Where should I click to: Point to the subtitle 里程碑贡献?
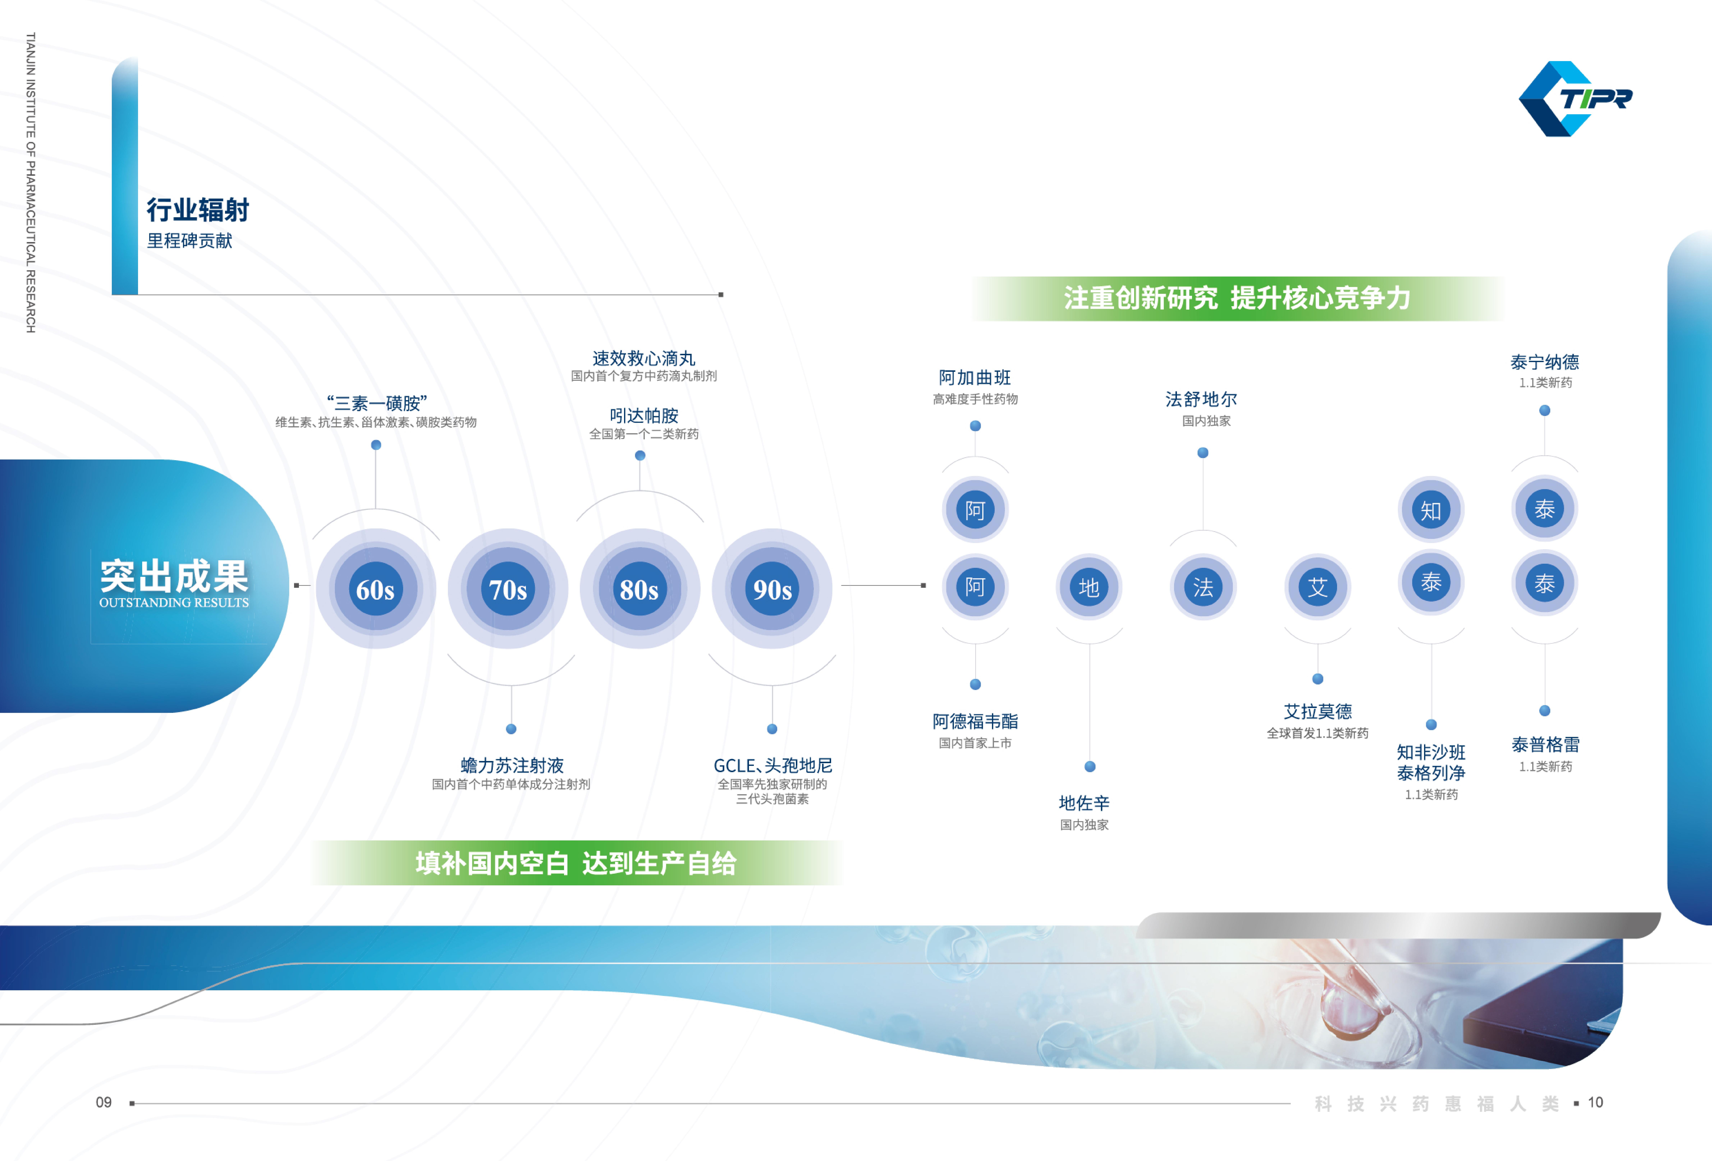189,241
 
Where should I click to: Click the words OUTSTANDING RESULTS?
174,603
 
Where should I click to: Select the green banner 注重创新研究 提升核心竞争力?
1237,298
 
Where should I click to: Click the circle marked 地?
1089,587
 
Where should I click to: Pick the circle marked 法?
1203,587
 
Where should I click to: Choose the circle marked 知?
1431,510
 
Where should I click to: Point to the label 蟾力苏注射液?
511,765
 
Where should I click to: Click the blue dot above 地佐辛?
1090,767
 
